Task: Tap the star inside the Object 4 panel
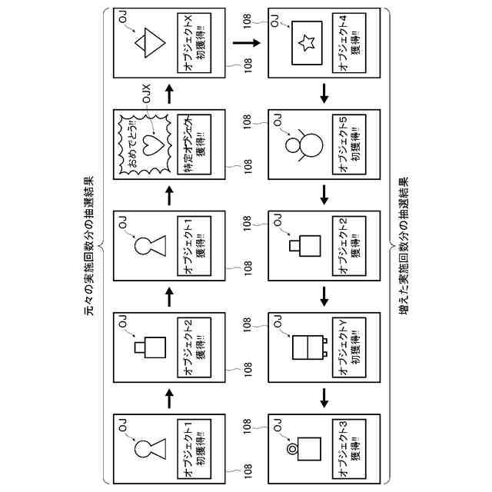tap(305, 43)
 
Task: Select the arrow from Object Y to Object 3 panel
tap(324, 397)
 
